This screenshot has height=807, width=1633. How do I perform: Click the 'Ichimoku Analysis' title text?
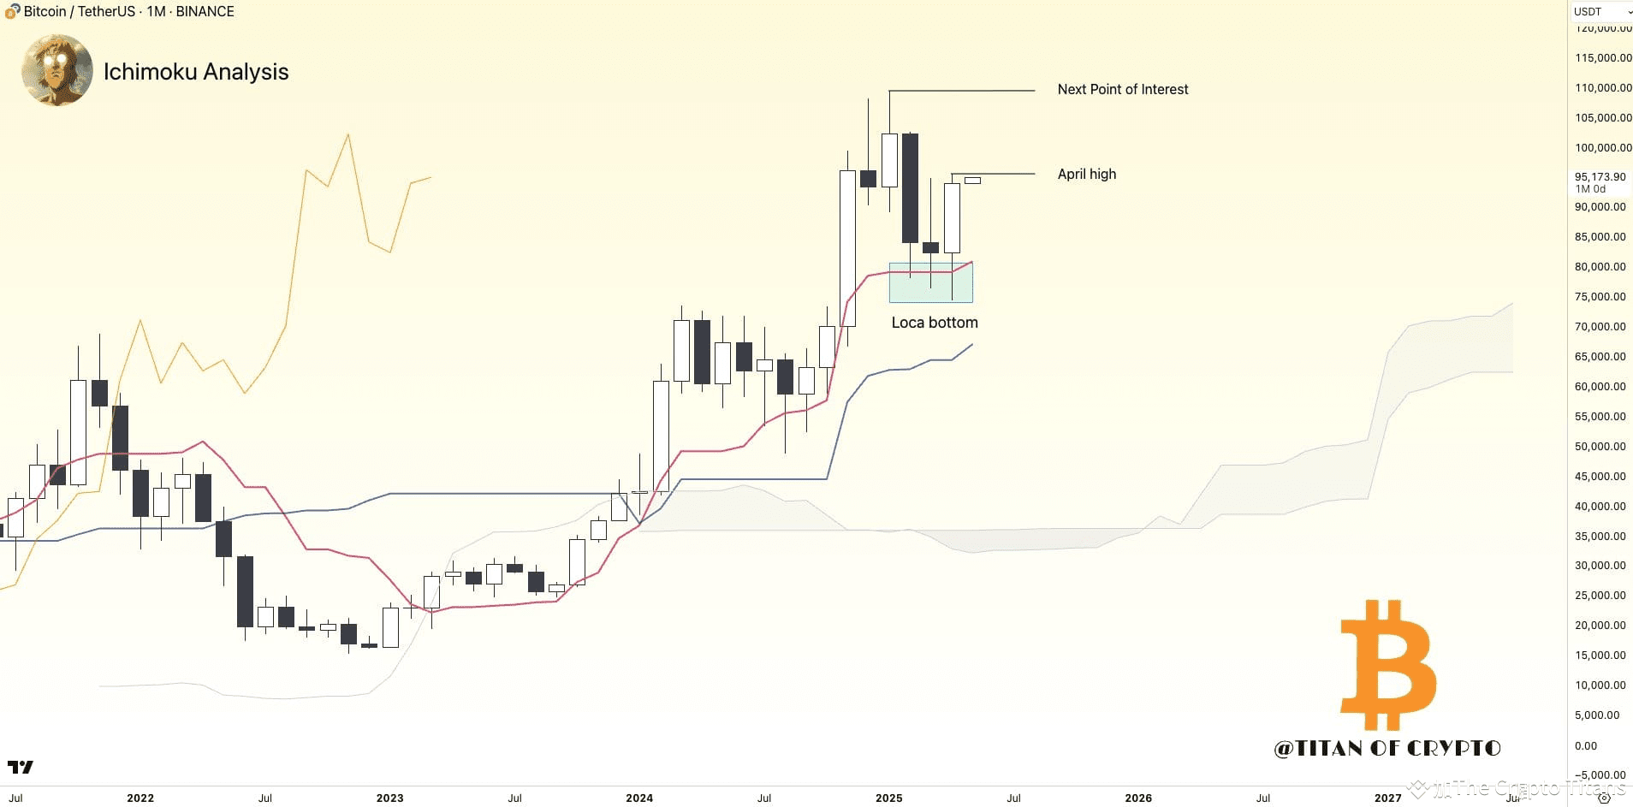[196, 72]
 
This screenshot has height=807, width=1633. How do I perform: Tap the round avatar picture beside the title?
[57, 70]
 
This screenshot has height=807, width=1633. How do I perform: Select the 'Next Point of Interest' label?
[1122, 89]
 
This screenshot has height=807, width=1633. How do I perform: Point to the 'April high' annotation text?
[1086, 174]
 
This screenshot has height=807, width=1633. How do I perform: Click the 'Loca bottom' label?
[934, 323]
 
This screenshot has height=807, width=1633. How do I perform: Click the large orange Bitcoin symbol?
[1387, 665]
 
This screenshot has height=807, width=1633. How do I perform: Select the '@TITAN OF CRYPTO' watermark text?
[1387, 748]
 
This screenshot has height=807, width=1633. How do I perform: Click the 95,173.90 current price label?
[1600, 177]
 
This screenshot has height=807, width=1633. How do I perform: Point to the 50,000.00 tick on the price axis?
[1600, 446]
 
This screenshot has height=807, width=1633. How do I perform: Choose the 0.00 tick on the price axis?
[1586, 745]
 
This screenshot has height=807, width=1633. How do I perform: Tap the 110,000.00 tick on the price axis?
[1602, 87]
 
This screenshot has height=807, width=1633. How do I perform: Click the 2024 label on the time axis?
[638, 798]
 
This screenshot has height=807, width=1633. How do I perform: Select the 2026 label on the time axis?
[1137, 798]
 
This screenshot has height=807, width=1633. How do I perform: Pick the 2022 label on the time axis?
[140, 798]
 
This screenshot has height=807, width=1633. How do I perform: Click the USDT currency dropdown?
[1601, 11]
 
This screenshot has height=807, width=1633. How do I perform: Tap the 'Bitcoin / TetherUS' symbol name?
[78, 11]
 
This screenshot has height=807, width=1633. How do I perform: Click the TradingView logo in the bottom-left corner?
[20, 767]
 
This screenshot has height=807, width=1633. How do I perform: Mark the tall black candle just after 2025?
[910, 188]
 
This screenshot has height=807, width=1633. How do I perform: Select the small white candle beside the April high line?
[972, 181]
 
